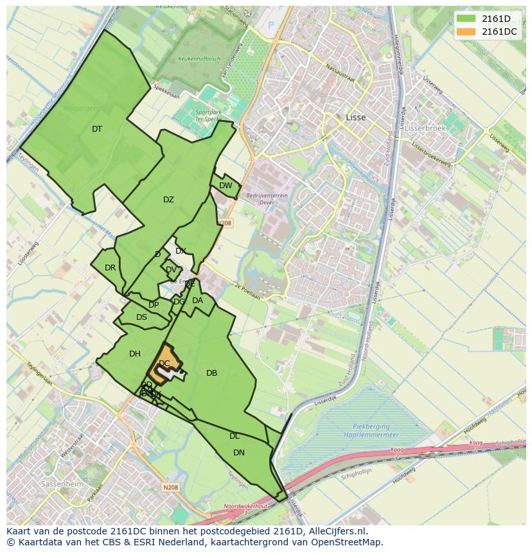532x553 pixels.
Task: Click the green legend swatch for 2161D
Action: (467, 19)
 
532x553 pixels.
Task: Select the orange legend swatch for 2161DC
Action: (467, 31)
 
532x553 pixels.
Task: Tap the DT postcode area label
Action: (97, 129)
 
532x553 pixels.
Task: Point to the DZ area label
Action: (168, 200)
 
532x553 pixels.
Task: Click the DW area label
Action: (226, 186)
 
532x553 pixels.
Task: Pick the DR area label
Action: (110, 268)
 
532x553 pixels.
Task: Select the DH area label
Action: (135, 354)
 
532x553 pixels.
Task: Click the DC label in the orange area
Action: (164, 364)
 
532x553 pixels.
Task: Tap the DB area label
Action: (211, 373)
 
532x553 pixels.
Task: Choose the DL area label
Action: (235, 436)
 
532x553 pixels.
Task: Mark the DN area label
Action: (239, 453)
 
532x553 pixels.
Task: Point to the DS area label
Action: (141, 317)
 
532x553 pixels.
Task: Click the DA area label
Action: (197, 301)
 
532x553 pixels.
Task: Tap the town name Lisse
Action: (355, 118)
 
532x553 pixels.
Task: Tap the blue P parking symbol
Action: (270, 25)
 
